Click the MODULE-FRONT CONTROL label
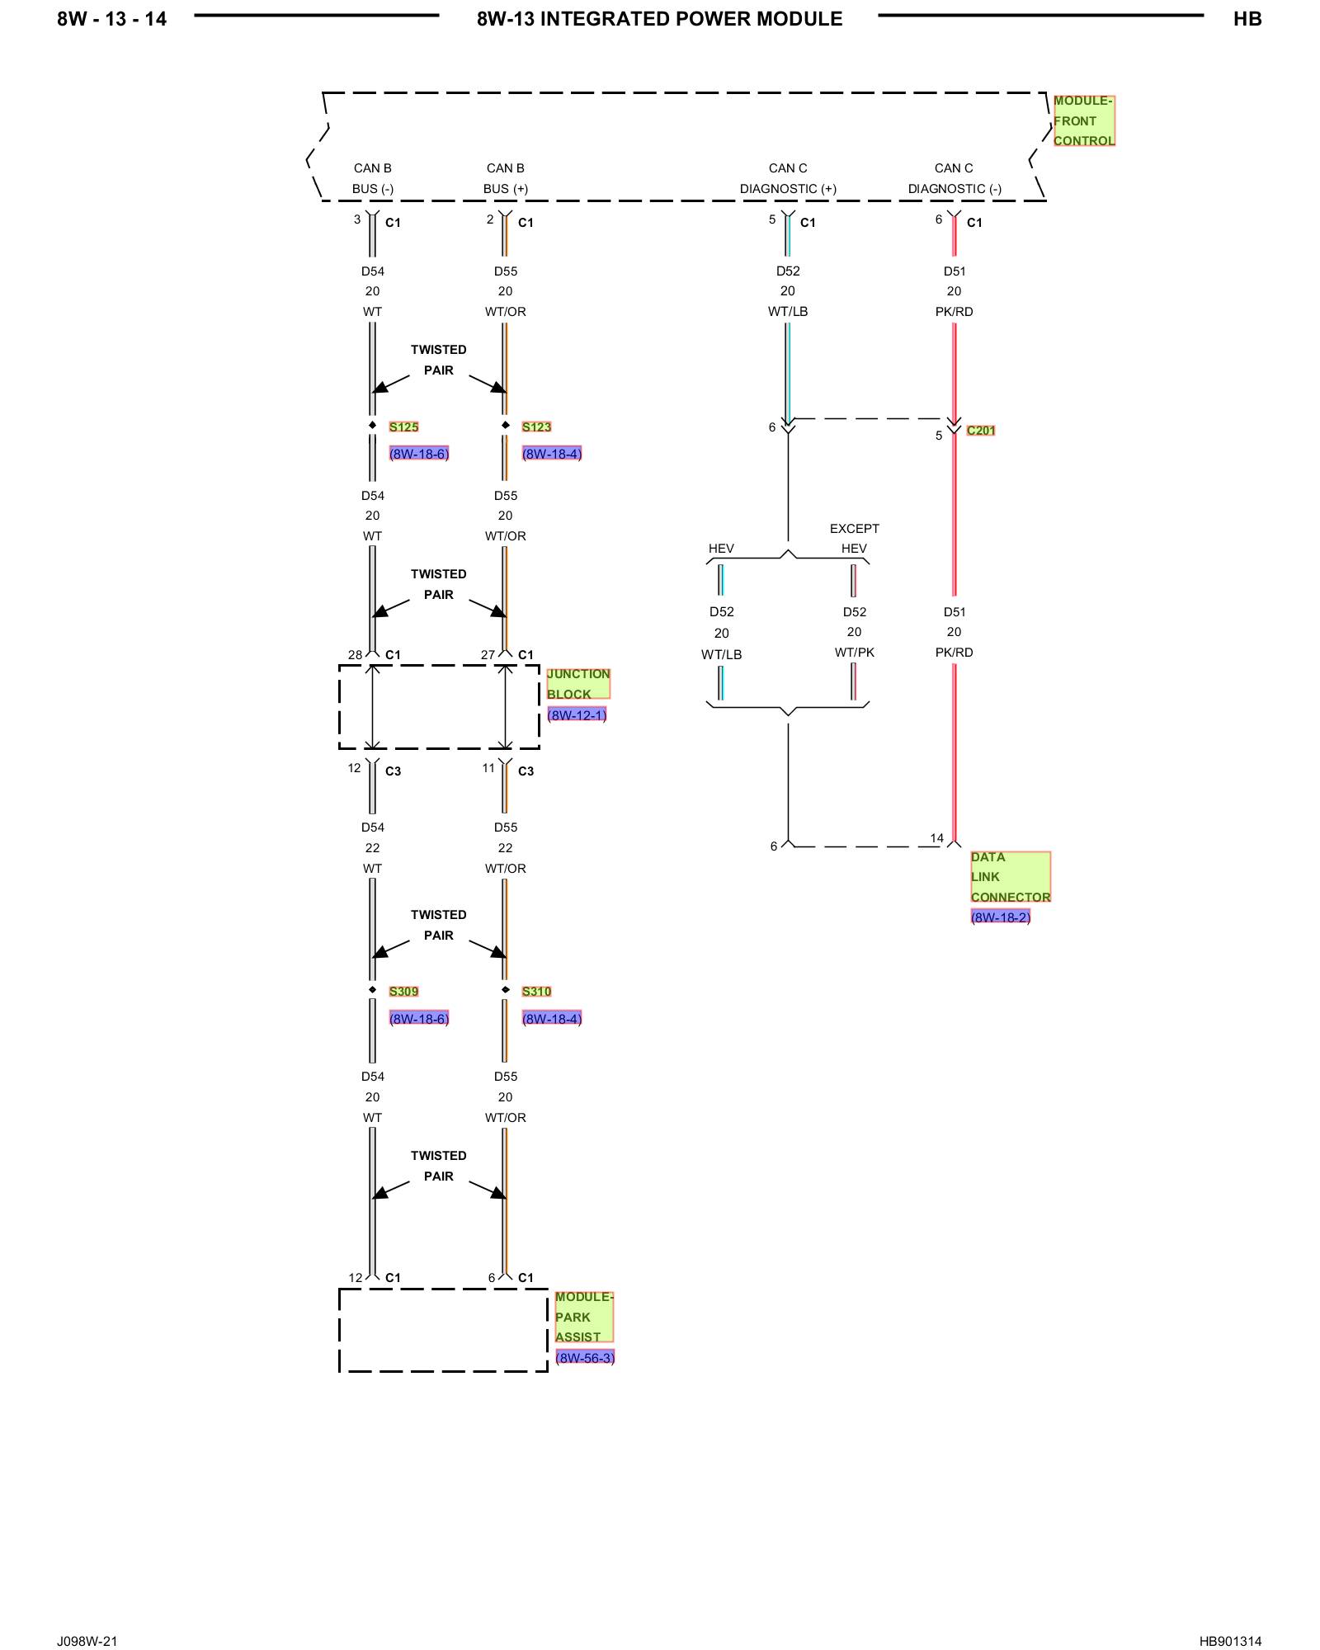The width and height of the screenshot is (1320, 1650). click(1084, 120)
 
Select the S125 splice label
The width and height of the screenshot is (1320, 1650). click(403, 427)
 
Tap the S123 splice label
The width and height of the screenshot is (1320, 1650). click(536, 427)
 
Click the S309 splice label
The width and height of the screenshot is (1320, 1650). click(403, 991)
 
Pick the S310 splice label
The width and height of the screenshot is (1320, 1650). click(536, 991)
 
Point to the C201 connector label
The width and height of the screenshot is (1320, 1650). click(981, 430)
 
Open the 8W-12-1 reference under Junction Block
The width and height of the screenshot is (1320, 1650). click(577, 714)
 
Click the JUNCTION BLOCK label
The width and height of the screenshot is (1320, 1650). click(578, 684)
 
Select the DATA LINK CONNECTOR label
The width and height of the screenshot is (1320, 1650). click(1011, 876)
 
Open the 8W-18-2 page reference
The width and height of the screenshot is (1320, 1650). click(1001, 917)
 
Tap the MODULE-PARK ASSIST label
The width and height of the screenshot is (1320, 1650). click(584, 1317)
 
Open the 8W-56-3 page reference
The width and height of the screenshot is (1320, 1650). click(585, 1357)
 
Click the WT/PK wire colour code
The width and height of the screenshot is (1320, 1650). click(855, 652)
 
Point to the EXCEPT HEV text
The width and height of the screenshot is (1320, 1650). click(855, 538)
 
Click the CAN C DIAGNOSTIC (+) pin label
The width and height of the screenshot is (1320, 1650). click(788, 178)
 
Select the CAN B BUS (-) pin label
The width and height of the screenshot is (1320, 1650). click(373, 178)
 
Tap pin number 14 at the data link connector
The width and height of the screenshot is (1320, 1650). click(937, 837)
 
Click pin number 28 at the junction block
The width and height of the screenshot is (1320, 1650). click(355, 654)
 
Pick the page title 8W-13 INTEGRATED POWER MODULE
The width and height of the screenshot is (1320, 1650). click(660, 19)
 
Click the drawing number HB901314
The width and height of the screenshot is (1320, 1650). click(1230, 1640)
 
